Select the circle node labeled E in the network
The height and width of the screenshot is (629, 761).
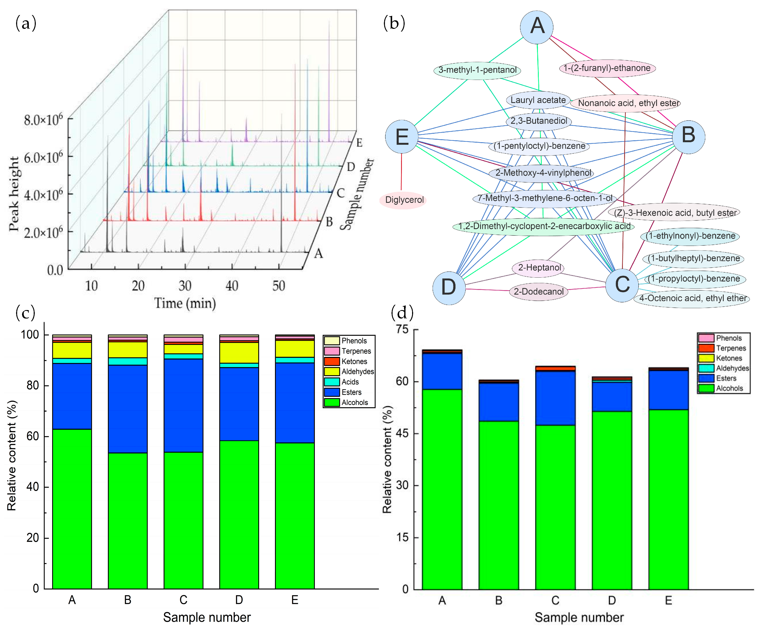(x=401, y=137)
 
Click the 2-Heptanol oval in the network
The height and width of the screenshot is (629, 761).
(x=539, y=268)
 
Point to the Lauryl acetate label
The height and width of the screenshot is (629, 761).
(x=538, y=100)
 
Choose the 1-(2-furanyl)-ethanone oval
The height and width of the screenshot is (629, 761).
(x=607, y=68)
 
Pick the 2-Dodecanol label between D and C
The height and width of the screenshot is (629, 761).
(x=538, y=291)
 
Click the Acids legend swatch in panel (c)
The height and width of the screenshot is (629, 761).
(x=331, y=382)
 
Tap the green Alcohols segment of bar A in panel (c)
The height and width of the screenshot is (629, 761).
(x=72, y=507)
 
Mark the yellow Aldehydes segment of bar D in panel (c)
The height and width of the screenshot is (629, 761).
(x=239, y=353)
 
